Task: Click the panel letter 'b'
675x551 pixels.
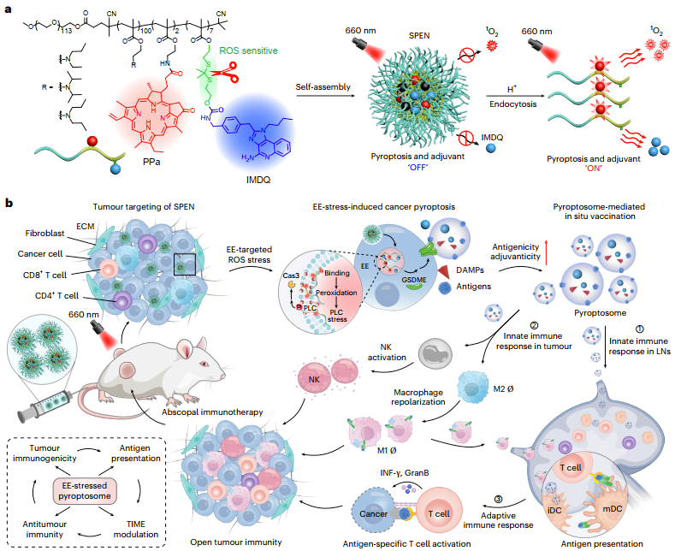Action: coord(9,204)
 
